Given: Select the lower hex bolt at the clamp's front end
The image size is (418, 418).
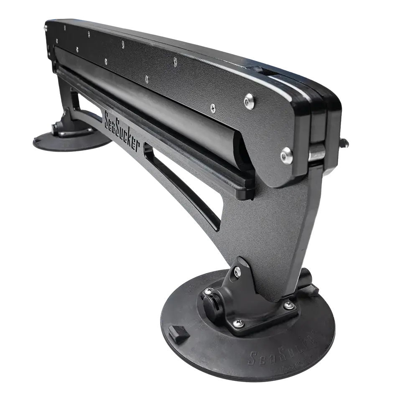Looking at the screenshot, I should [286, 155].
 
